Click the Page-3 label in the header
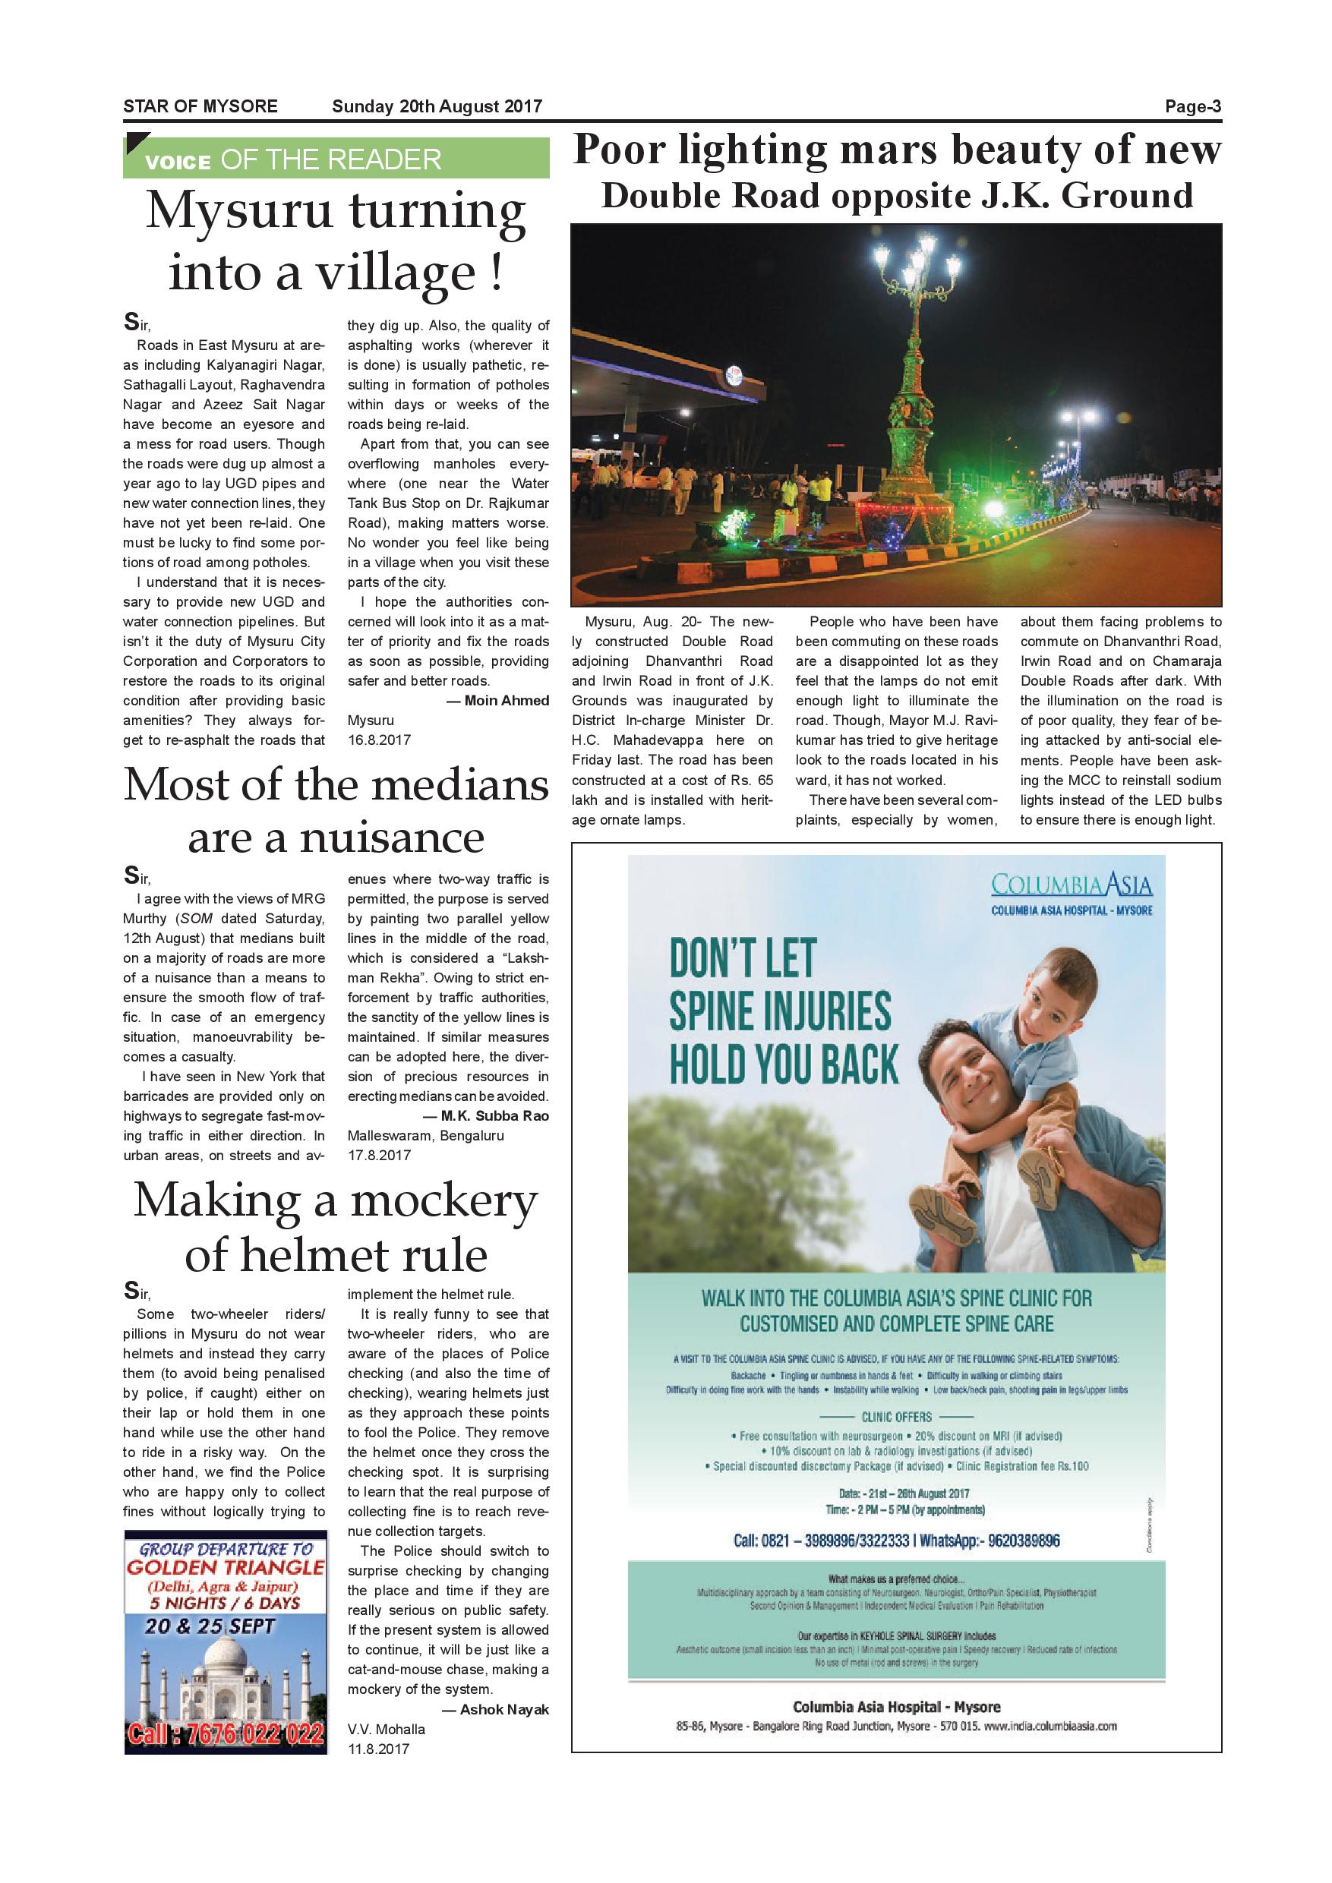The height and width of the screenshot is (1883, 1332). tap(1192, 106)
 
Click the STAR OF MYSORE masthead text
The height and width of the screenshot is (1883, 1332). tap(200, 106)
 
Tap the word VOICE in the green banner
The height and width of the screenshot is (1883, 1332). tap(178, 162)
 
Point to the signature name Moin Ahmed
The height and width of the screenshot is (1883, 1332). tap(506, 700)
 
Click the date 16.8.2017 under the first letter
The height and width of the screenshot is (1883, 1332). tap(379, 740)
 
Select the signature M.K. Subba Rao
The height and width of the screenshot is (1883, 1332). tap(494, 1115)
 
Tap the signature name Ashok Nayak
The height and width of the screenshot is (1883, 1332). tap(503, 1709)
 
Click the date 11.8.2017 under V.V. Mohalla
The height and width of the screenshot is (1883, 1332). tap(378, 1749)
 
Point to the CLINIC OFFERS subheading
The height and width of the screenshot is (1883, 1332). tap(896, 1416)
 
